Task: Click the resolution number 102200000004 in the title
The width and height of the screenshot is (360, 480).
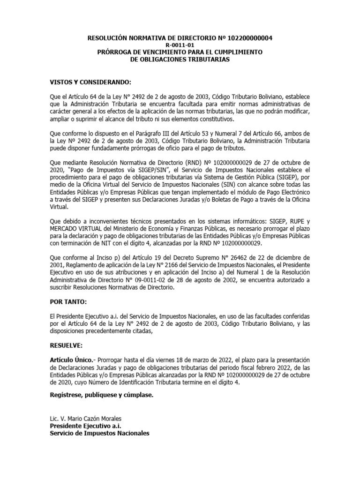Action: click(249, 38)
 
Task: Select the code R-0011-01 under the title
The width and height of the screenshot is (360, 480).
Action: click(180, 45)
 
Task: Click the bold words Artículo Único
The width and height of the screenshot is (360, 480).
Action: click(70, 360)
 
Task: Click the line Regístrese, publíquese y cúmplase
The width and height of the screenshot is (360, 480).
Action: click(101, 394)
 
